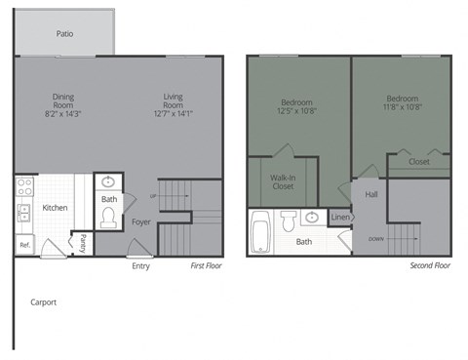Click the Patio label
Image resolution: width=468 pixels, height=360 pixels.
(x=64, y=33)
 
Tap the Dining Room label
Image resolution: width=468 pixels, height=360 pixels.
(x=64, y=97)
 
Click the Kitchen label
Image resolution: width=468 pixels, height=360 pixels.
(x=55, y=208)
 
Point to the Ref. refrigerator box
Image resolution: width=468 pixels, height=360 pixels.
(x=25, y=244)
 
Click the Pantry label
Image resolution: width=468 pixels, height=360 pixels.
(x=83, y=243)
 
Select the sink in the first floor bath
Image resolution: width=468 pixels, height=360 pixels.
(x=108, y=182)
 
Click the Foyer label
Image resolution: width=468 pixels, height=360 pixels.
(x=142, y=222)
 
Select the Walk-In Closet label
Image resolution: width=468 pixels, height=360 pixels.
(x=284, y=181)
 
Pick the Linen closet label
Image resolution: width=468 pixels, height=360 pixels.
(x=339, y=217)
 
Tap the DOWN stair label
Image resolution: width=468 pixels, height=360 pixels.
(x=374, y=238)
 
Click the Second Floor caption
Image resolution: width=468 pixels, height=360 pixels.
(x=429, y=265)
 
